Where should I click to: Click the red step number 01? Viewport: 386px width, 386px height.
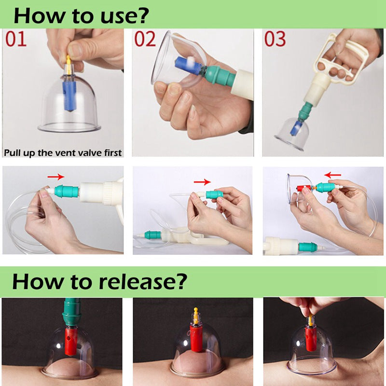[16, 39]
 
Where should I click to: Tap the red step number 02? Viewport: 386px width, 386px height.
[145, 39]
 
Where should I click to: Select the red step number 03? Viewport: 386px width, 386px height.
[275, 39]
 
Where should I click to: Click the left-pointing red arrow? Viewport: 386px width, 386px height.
[332, 175]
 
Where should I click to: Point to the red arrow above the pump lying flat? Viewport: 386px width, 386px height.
[202, 182]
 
